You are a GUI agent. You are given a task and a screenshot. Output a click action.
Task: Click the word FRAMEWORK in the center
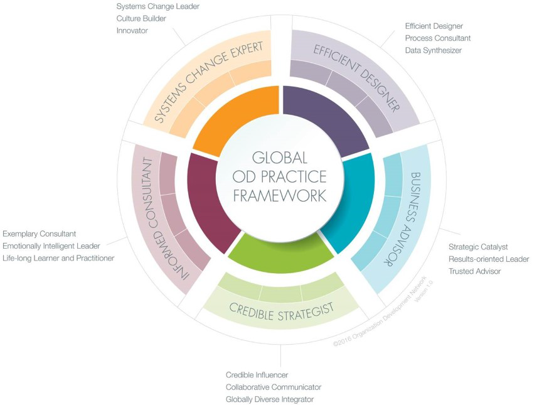[x=280, y=195]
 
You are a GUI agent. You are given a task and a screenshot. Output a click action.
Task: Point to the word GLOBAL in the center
[x=280, y=158]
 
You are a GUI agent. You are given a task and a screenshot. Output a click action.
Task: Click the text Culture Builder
[x=141, y=18]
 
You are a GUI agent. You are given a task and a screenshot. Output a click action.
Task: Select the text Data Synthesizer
[x=433, y=50]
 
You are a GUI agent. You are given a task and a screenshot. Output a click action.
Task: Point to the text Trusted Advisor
[x=475, y=271]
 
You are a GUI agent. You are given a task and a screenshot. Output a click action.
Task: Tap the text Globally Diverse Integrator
[x=270, y=399]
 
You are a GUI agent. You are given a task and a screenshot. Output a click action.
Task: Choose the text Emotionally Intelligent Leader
[x=51, y=246]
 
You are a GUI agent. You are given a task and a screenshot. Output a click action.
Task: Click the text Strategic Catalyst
[x=478, y=247]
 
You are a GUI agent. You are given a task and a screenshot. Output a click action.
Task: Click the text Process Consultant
[x=438, y=38]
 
